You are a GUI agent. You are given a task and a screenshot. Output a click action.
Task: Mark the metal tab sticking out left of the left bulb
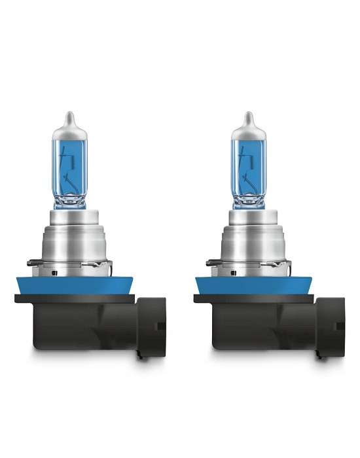click(33, 264)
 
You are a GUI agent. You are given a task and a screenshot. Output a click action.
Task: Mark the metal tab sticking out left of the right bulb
click(212, 264)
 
